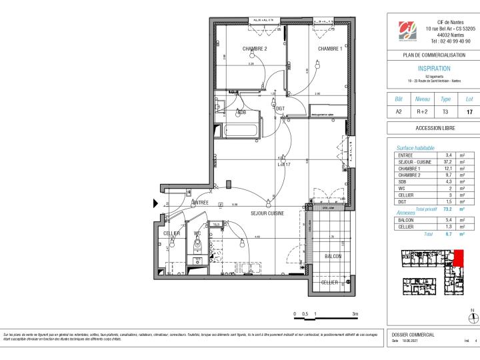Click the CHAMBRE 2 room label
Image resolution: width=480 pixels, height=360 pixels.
coord(255,49)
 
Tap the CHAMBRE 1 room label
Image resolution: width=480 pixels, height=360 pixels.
coord(329,49)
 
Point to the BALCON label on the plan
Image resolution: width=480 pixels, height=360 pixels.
coord(333,256)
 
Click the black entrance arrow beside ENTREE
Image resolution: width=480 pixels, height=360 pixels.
coord(157,204)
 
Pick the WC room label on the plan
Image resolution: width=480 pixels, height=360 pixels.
coord(197,233)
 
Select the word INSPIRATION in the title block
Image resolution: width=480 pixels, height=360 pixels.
coord(434,68)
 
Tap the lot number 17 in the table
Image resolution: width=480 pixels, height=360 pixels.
coord(469,111)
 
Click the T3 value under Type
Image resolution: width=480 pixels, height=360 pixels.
coord(447,111)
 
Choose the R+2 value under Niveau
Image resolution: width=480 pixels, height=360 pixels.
coord(423,111)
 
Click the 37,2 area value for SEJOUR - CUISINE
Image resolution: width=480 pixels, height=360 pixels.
coord(449,161)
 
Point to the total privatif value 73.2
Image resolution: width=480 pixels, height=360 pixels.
coord(449,209)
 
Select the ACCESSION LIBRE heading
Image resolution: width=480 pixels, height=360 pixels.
coord(434,128)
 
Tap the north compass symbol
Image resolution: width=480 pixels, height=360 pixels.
coord(473,317)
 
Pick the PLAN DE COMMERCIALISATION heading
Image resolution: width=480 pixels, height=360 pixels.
coord(434,55)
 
